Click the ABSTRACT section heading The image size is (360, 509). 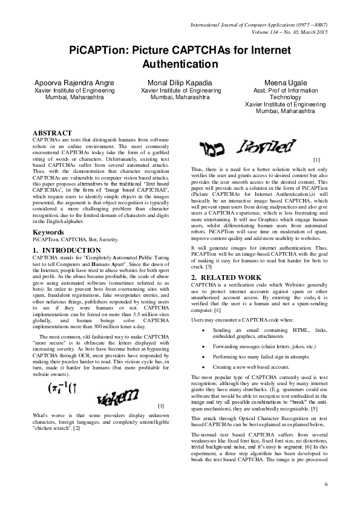(x=52, y=133)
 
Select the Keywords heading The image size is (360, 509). (x=49, y=215)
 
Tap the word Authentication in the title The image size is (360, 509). (x=180, y=63)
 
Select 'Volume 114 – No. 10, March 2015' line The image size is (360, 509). (x=286, y=32)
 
